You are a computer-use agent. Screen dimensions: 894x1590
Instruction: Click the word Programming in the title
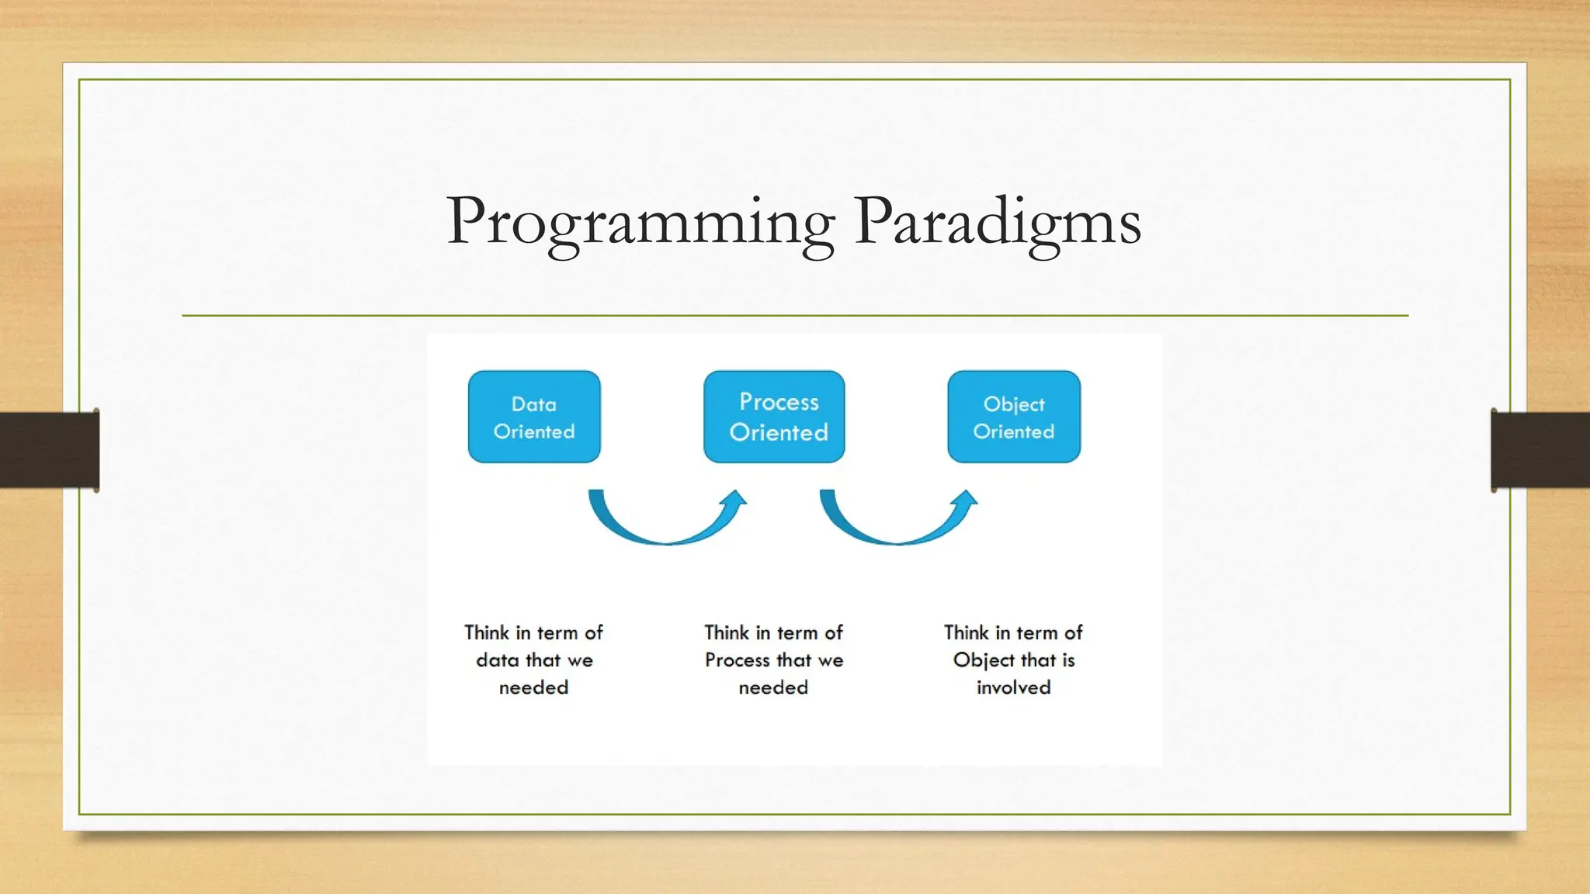pyautogui.click(x=641, y=222)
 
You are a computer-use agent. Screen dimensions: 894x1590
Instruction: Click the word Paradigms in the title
pyautogui.click(x=998, y=222)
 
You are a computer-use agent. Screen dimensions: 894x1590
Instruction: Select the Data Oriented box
pyautogui.click(x=534, y=417)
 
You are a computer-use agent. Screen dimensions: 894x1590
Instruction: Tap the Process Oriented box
pyautogui.click(x=774, y=417)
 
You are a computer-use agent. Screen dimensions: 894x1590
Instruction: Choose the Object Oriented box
pyautogui.click(x=1014, y=417)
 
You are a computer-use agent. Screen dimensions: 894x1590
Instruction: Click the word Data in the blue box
pyautogui.click(x=534, y=404)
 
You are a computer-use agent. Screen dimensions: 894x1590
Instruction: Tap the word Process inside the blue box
pyautogui.click(x=779, y=402)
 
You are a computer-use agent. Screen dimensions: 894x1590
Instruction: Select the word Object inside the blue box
pyautogui.click(x=1014, y=404)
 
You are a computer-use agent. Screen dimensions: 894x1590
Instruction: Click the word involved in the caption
pyautogui.click(x=1013, y=688)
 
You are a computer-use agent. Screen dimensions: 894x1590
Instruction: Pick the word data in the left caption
pyautogui.click(x=497, y=660)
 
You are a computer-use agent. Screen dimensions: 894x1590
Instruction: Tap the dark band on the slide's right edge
pyautogui.click(x=1540, y=450)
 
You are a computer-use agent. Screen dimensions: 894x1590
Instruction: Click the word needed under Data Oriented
pyautogui.click(x=533, y=688)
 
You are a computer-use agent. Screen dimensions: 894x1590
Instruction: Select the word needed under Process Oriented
pyautogui.click(x=773, y=688)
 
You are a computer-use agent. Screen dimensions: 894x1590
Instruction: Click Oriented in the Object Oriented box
pyautogui.click(x=1014, y=431)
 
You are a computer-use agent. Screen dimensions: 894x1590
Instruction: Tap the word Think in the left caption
pyautogui.click(x=487, y=632)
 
